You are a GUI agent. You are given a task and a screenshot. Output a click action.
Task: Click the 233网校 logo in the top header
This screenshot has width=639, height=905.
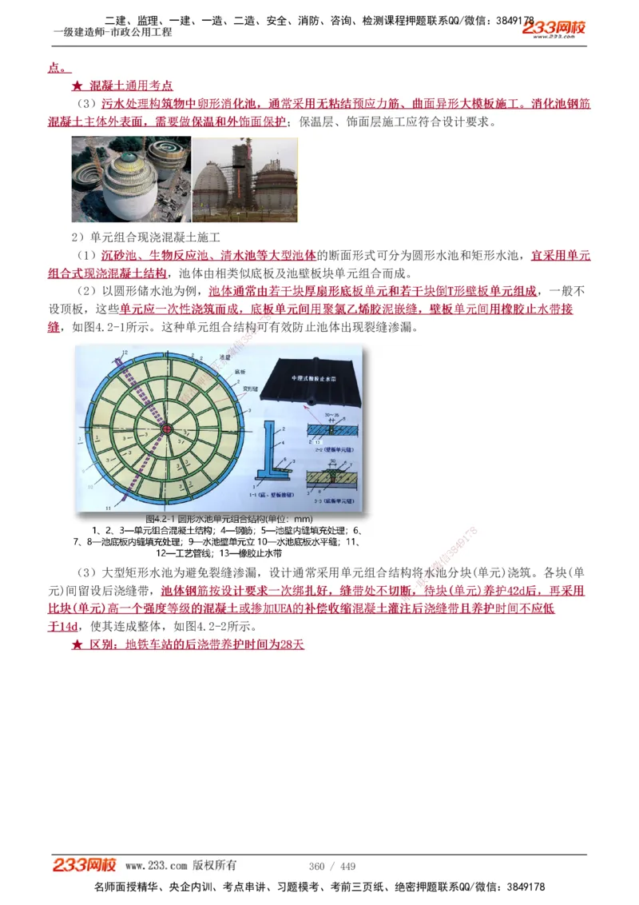tap(554, 30)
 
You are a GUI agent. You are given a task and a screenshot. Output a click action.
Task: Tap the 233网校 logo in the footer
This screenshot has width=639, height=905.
tap(85, 865)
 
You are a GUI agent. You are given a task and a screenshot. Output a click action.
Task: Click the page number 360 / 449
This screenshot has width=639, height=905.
tap(331, 867)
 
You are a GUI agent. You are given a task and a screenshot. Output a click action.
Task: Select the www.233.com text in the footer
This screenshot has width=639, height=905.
tap(157, 866)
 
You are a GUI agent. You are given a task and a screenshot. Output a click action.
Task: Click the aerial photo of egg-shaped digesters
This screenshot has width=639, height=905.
tap(131, 179)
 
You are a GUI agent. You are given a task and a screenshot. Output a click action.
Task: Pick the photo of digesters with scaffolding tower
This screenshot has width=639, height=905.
tap(244, 179)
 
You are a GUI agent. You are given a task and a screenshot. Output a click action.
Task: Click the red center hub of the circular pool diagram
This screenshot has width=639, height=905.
tap(167, 429)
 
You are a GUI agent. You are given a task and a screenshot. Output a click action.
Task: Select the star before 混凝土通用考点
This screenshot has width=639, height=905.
tap(77, 86)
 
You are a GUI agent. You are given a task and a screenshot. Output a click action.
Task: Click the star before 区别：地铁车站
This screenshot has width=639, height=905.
tap(77, 644)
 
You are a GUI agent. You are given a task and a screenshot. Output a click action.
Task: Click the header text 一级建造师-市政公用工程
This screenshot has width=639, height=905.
tap(112, 33)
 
